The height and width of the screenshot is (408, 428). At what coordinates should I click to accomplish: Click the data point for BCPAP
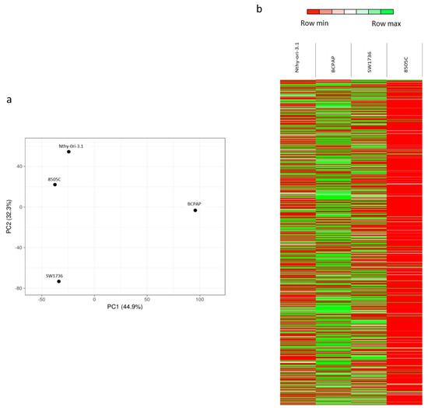click(x=195, y=210)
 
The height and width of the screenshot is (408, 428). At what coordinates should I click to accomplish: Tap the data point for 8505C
click(x=55, y=185)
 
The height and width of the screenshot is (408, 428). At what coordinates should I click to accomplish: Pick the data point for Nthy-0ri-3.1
click(x=68, y=152)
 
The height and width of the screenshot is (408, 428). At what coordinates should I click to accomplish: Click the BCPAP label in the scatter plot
click(x=195, y=204)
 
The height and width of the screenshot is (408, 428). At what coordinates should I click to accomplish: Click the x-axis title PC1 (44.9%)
click(x=125, y=307)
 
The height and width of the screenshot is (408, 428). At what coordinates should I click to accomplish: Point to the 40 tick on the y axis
click(x=19, y=167)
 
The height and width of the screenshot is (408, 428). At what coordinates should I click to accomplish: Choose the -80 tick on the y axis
click(x=18, y=288)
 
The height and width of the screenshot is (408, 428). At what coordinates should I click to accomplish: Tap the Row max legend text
click(x=385, y=24)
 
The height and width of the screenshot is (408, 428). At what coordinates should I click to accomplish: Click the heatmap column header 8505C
click(x=405, y=63)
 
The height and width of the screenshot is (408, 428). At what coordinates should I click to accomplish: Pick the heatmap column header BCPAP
click(x=333, y=62)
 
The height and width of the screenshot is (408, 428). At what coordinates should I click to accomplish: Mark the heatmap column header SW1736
click(x=369, y=62)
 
